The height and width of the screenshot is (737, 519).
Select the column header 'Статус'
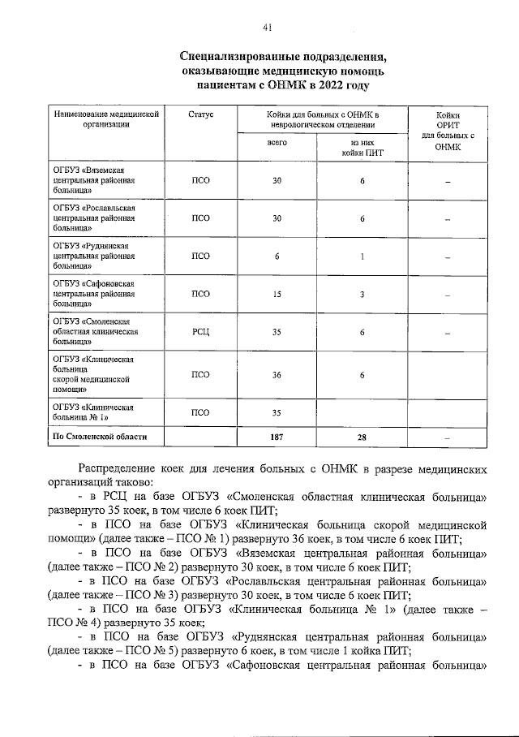tap(199, 116)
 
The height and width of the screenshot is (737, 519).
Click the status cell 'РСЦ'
tap(199, 333)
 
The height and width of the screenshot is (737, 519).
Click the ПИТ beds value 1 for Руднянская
tap(362, 256)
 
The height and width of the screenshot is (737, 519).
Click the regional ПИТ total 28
tap(362, 437)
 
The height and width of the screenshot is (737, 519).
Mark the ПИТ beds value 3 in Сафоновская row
tap(362, 295)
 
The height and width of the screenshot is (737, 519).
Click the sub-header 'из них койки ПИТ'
tap(362, 147)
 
